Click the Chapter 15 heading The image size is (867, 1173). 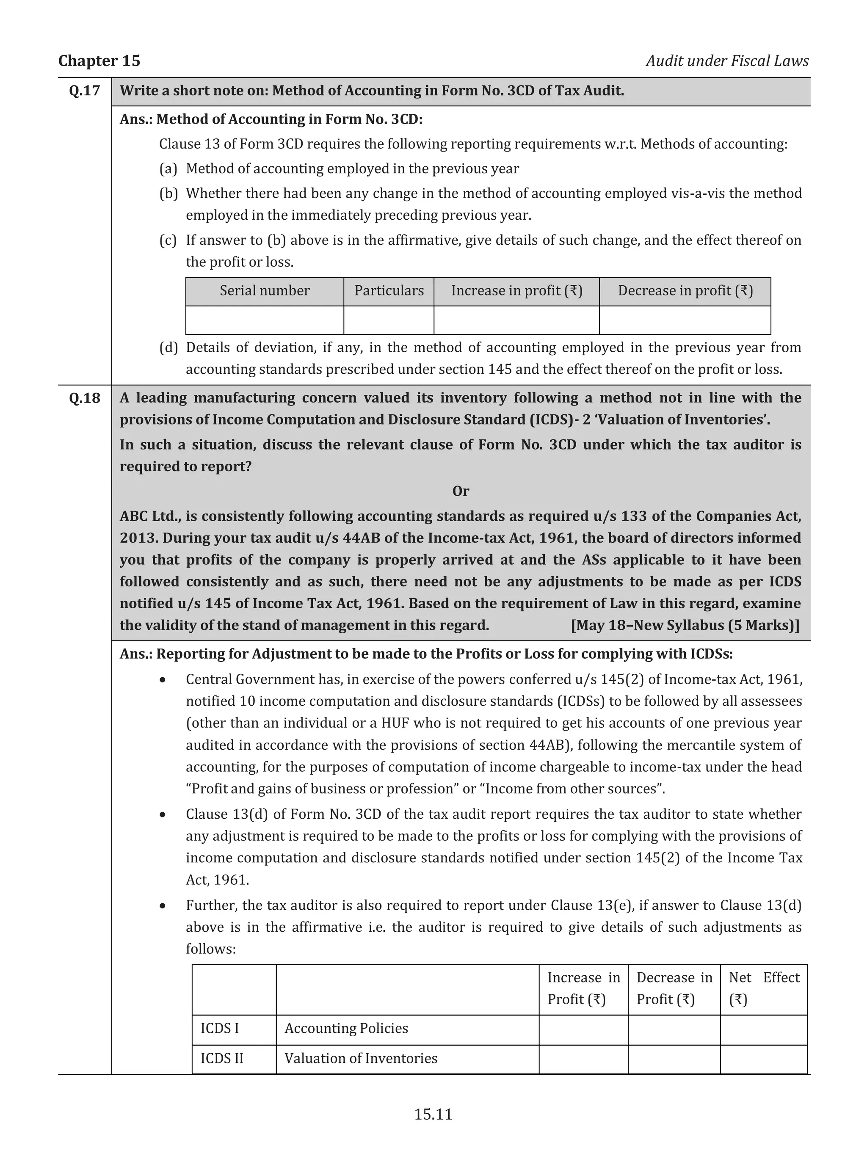pyautogui.click(x=99, y=61)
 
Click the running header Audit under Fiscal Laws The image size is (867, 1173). pyautogui.click(x=727, y=61)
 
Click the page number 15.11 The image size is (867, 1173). pyautogui.click(x=433, y=1114)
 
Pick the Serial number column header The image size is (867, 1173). pyautogui.click(x=265, y=291)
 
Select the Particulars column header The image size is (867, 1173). pyautogui.click(x=389, y=291)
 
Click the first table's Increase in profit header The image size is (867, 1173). pyautogui.click(x=516, y=291)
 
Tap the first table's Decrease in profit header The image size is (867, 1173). pyautogui.click(x=685, y=291)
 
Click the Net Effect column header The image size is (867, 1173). pyautogui.click(x=764, y=988)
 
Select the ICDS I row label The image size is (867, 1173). pyautogui.click(x=219, y=1028)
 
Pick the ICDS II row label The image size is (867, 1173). pyautogui.click(x=221, y=1058)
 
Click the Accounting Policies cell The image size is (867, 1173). pyautogui.click(x=346, y=1028)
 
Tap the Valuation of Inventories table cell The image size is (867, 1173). pyautogui.click(x=361, y=1058)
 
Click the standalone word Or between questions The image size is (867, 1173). pyautogui.click(x=460, y=491)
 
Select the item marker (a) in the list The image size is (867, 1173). pyautogui.click(x=168, y=168)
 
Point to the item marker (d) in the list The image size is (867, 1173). pyautogui.click(x=168, y=348)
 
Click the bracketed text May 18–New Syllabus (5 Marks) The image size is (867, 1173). pyautogui.click(x=685, y=625)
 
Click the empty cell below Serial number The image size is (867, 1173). pyautogui.click(x=265, y=320)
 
